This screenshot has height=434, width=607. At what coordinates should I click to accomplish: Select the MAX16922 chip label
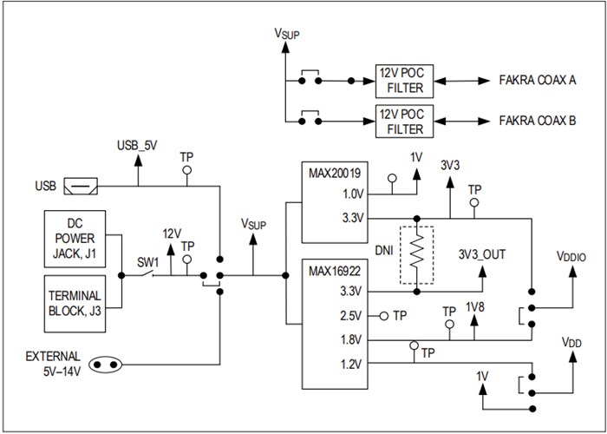click(x=334, y=269)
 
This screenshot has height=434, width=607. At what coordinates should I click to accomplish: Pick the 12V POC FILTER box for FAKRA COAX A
click(x=400, y=80)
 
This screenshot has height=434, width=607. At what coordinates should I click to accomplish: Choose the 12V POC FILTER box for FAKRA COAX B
click(x=400, y=122)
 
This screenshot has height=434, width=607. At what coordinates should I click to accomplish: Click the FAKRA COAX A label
click(x=538, y=80)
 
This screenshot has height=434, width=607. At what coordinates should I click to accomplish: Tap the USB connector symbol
click(x=84, y=187)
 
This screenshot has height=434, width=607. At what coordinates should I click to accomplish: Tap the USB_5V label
click(x=137, y=145)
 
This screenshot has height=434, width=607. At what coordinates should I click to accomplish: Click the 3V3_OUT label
click(x=481, y=253)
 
